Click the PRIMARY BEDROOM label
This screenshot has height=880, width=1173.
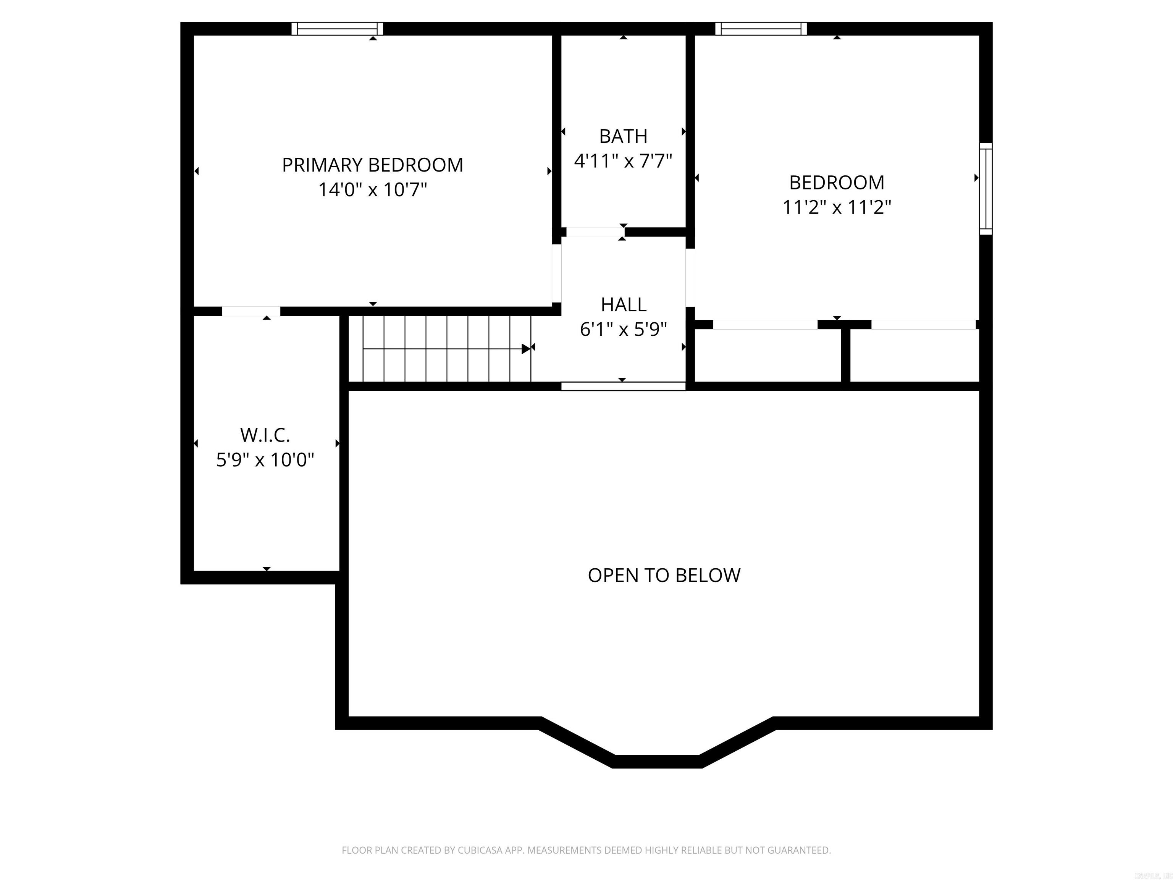click(x=372, y=165)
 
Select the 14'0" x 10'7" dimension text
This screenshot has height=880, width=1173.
click(x=372, y=189)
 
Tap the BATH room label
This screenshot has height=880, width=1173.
click(x=623, y=136)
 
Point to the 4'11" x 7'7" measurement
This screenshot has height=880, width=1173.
click(x=623, y=161)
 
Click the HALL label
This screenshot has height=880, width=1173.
click(x=623, y=304)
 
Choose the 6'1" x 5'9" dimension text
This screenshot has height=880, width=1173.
click(x=623, y=329)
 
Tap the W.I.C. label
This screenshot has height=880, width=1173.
click(x=265, y=435)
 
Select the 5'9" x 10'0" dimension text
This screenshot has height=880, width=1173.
click(x=265, y=459)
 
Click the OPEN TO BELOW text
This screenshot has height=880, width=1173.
click(x=664, y=575)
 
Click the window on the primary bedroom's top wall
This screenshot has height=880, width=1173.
click(x=337, y=29)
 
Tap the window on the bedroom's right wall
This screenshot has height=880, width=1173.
click(x=985, y=188)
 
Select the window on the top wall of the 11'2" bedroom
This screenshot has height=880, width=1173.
click(x=761, y=29)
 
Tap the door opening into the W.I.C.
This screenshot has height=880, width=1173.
click(x=251, y=311)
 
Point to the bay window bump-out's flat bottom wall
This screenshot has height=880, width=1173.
click(x=657, y=761)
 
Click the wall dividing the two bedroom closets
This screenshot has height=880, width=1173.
click(x=846, y=354)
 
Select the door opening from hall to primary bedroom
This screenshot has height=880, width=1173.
click(x=556, y=273)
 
